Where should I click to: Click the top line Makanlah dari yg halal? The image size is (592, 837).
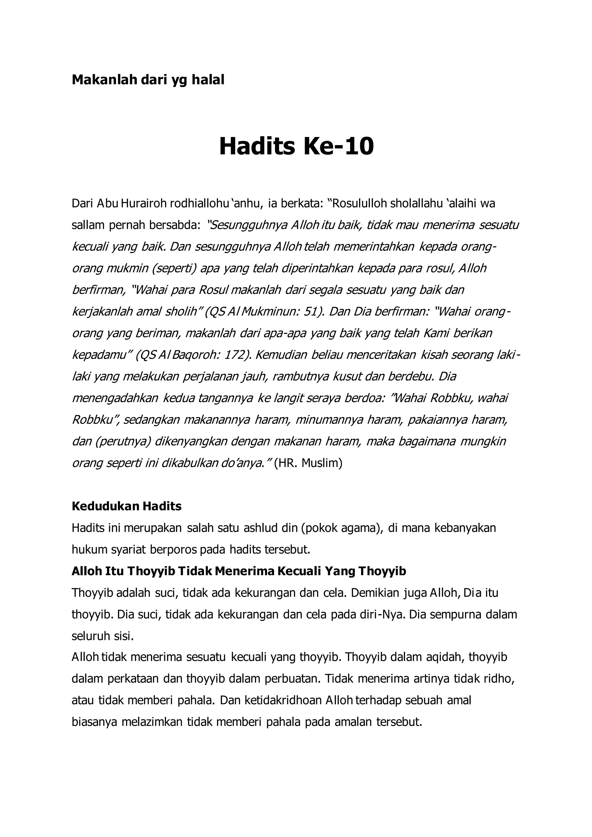click(x=148, y=80)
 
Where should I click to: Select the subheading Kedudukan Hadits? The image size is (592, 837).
click(x=127, y=506)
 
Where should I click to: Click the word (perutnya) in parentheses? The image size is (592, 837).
click(x=123, y=441)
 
